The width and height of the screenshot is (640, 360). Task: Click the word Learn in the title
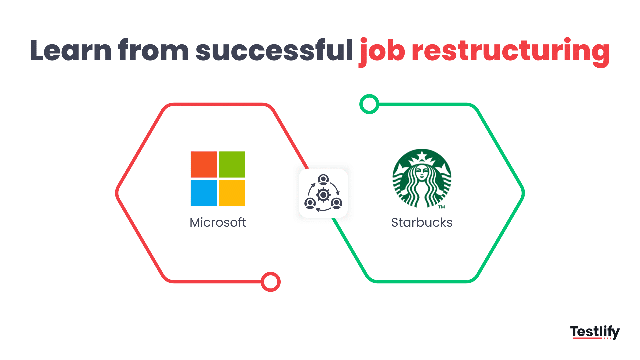pyautogui.click(x=71, y=51)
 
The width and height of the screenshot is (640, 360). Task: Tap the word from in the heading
pyautogui.click(x=153, y=51)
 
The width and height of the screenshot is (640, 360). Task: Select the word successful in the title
pyautogui.click(x=274, y=51)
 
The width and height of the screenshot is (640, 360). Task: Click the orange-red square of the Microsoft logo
pyautogui.click(x=204, y=164)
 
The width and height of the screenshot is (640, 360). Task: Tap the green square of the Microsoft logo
pyautogui.click(x=232, y=164)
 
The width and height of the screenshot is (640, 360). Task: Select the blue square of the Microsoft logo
pyautogui.click(x=204, y=193)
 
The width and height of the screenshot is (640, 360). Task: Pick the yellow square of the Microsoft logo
pyautogui.click(x=232, y=193)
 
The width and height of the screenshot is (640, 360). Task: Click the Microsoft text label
pyautogui.click(x=218, y=222)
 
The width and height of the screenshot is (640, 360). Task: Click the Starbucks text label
pyautogui.click(x=422, y=222)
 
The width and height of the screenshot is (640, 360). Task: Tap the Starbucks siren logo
pyautogui.click(x=422, y=178)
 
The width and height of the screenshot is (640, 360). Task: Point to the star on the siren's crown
pyautogui.click(x=422, y=156)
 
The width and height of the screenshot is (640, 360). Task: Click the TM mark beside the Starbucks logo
pyautogui.click(x=442, y=207)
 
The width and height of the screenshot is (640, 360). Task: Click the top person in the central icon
pyautogui.click(x=323, y=180)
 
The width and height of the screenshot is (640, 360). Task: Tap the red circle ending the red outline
pyautogui.click(x=271, y=282)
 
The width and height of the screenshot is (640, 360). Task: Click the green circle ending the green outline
pyautogui.click(x=369, y=104)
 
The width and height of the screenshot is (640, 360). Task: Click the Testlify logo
pyautogui.click(x=595, y=332)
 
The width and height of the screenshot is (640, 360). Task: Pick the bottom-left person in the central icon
pyautogui.click(x=310, y=203)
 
